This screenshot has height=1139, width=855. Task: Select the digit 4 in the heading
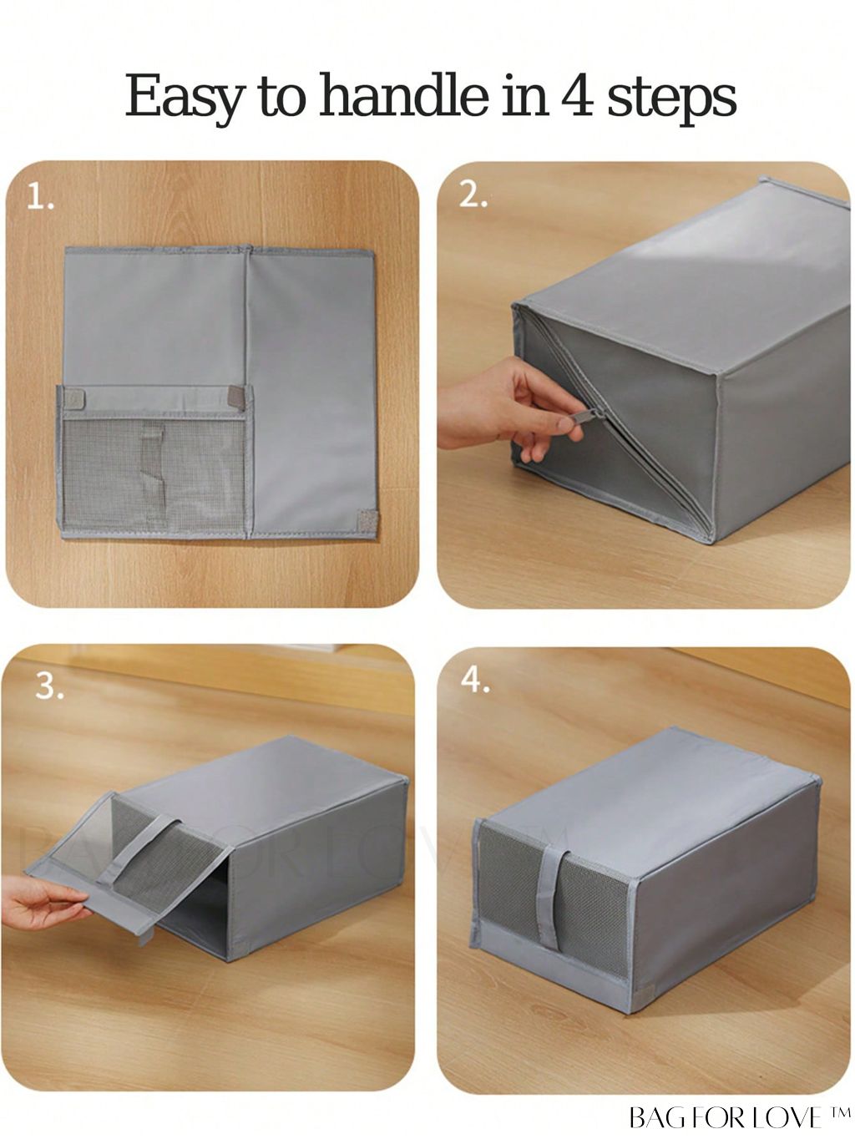(x=576, y=95)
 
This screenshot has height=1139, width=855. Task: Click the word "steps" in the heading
(x=671, y=99)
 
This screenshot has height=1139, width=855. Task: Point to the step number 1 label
(x=40, y=198)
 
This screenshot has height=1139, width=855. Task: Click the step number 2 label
(x=473, y=195)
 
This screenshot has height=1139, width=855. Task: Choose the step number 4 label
(x=475, y=681)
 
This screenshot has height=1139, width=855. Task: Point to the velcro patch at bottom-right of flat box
(x=369, y=520)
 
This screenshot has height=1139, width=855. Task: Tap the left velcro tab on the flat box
(x=74, y=398)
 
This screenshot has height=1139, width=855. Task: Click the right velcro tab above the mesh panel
(x=236, y=397)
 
